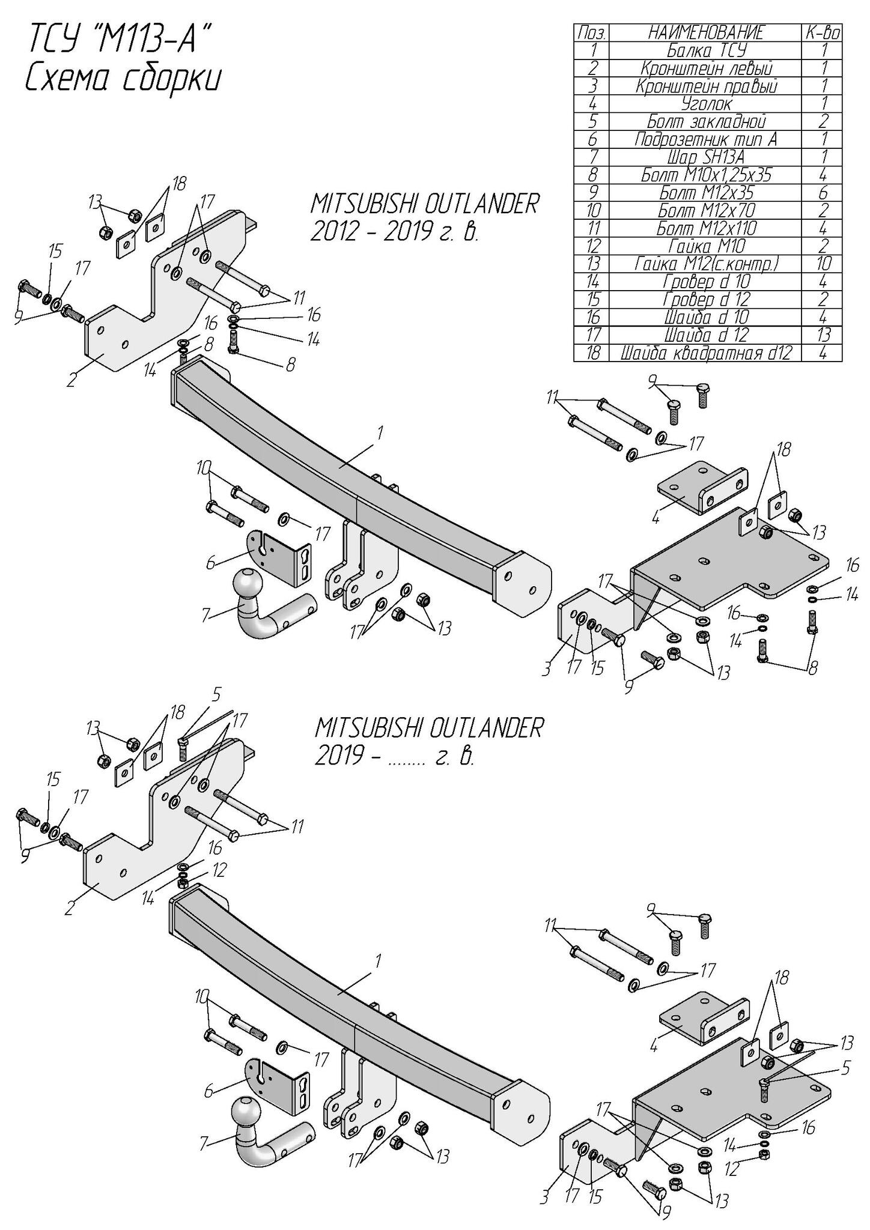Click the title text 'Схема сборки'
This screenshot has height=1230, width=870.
(123, 79)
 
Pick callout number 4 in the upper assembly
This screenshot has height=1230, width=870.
(655, 517)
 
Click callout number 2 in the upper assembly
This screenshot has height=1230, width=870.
(71, 380)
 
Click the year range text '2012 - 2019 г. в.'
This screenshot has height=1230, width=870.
(394, 232)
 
